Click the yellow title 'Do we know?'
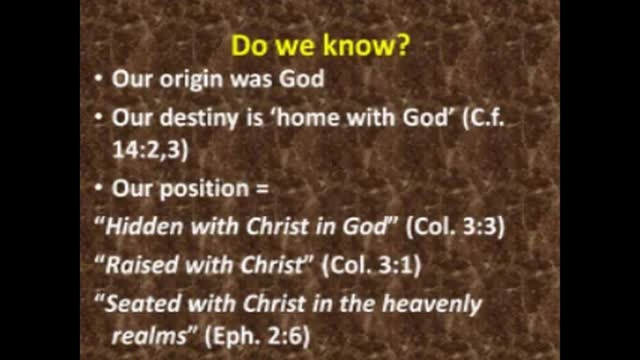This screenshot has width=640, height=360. click(x=319, y=45)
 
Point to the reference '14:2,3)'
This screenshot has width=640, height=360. click(x=150, y=149)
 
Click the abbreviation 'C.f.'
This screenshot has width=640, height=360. click(x=484, y=119)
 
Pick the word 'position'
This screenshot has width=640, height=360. click(x=204, y=189)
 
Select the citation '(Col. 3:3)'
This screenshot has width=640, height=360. click(x=455, y=226)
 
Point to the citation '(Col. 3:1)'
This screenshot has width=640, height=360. click(x=371, y=265)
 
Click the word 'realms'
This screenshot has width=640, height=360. click(x=149, y=336)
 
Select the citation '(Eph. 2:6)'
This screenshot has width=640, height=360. click(x=257, y=336)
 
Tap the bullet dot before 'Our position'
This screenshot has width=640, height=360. click(x=99, y=189)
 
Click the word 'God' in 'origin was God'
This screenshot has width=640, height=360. click(x=301, y=79)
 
